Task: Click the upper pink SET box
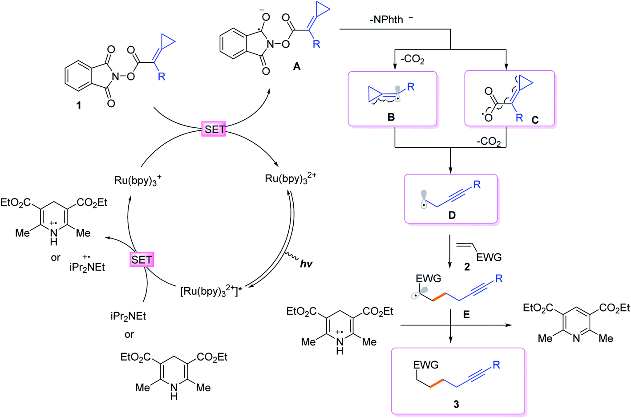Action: click(x=214, y=129)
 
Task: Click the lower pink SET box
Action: click(x=142, y=260)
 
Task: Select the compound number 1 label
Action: click(x=79, y=106)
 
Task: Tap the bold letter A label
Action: click(x=297, y=67)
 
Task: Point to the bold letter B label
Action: click(x=391, y=117)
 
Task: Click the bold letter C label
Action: click(x=535, y=120)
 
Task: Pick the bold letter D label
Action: click(x=452, y=215)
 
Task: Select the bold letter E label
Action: click(x=466, y=315)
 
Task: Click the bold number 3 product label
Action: click(x=456, y=404)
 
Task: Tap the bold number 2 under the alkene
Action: click(x=467, y=267)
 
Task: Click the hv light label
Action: click(x=306, y=264)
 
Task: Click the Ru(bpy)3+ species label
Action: click(x=138, y=180)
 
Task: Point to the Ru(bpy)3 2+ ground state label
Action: click(x=290, y=179)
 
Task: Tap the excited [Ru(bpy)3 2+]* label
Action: click(x=211, y=291)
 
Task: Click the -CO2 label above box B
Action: click(x=413, y=59)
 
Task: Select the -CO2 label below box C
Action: click(x=489, y=142)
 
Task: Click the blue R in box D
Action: click(x=477, y=185)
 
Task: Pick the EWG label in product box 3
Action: click(x=426, y=365)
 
